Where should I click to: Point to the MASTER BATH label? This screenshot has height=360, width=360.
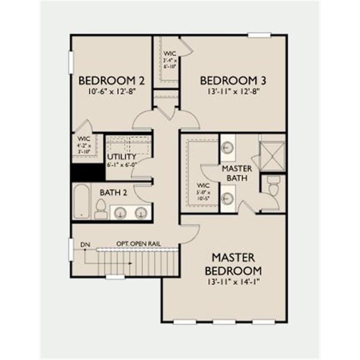point(237,173)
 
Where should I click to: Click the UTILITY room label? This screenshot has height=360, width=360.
point(121,157)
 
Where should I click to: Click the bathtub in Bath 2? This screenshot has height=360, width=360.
point(82,202)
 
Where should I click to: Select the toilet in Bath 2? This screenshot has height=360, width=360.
point(100,210)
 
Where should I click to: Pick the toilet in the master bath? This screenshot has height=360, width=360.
point(272,187)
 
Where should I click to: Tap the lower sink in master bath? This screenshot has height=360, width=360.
point(227,198)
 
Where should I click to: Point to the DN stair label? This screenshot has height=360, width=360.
point(85,245)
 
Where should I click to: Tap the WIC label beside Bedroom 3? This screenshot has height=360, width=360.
point(169,53)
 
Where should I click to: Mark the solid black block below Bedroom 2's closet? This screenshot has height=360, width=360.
point(88,172)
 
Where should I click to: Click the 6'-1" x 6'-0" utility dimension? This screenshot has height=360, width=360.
point(121,165)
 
